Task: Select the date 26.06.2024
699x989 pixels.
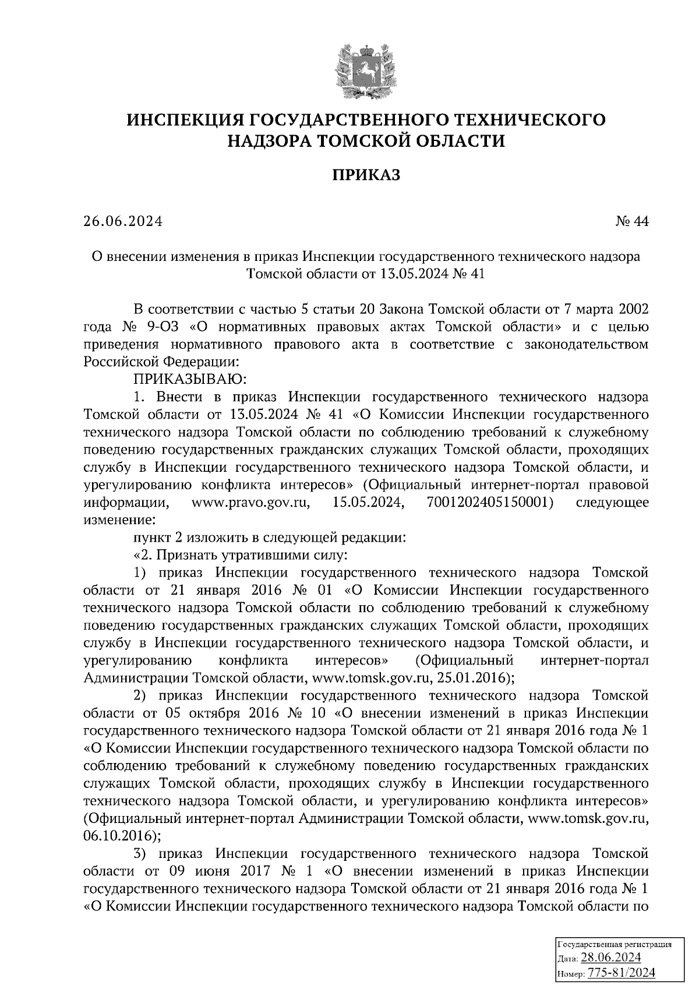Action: point(122,222)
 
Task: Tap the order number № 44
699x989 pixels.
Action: point(631,222)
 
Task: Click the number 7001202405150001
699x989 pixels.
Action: point(486,502)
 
